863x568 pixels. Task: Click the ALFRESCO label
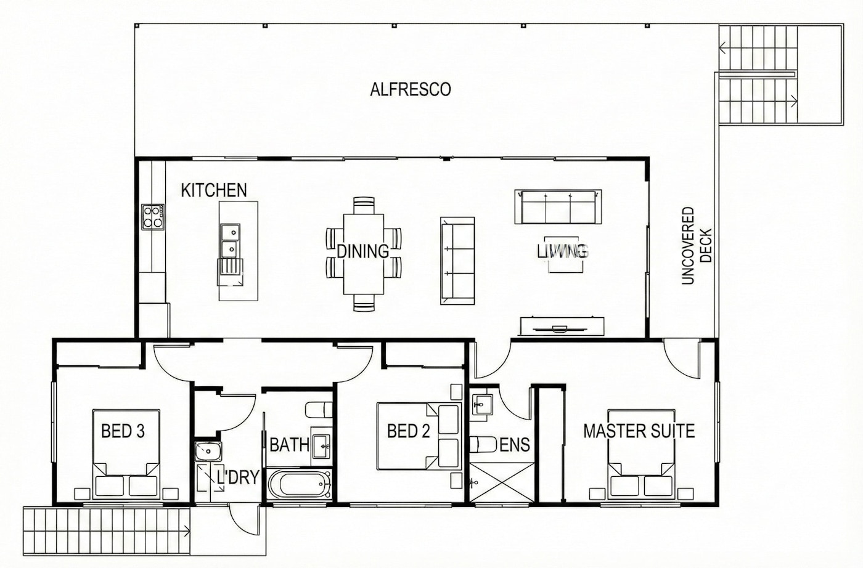(x=411, y=89)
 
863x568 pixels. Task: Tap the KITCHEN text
(x=214, y=190)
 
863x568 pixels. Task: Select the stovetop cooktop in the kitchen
(x=153, y=217)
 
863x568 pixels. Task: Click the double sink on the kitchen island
(x=230, y=240)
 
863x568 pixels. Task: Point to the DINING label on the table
(x=363, y=251)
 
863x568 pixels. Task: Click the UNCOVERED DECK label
(x=697, y=246)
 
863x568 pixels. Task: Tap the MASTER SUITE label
(x=639, y=431)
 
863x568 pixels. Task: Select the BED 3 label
(x=123, y=431)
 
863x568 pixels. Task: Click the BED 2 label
(x=408, y=431)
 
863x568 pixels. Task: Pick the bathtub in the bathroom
(x=299, y=484)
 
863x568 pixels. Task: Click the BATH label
(x=289, y=445)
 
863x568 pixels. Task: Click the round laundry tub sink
(x=208, y=451)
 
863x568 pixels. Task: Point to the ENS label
(x=515, y=445)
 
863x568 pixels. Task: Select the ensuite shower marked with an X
(x=502, y=482)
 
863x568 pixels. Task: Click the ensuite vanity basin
(x=481, y=404)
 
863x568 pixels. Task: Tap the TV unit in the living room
(x=562, y=327)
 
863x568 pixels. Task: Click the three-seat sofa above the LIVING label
(x=558, y=207)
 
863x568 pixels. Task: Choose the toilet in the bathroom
(x=319, y=410)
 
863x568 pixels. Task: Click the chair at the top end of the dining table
(x=364, y=206)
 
